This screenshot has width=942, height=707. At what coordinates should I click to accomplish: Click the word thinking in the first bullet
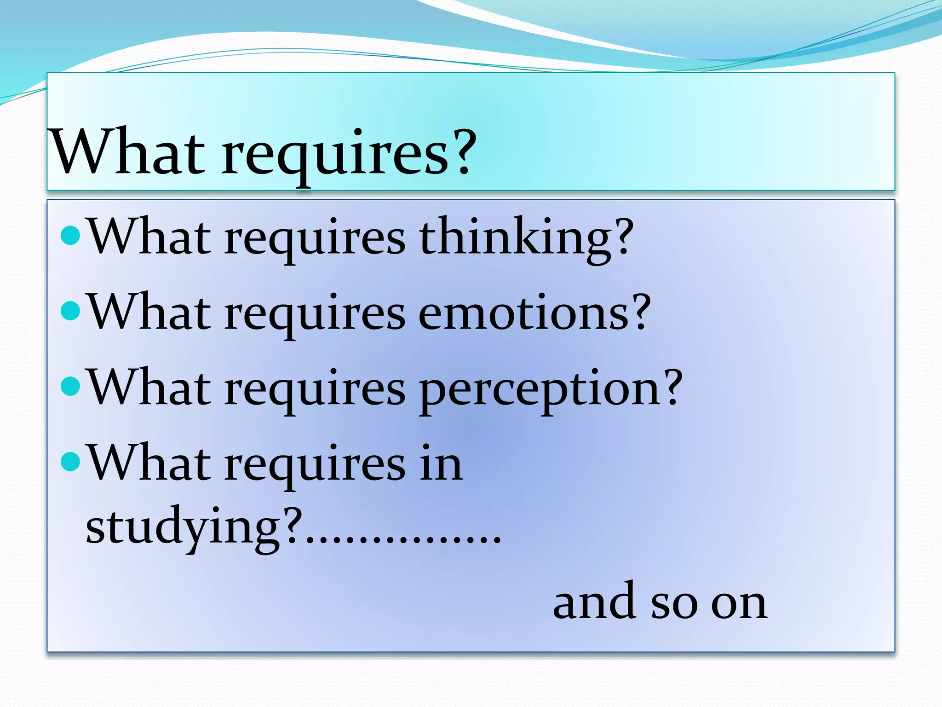517,237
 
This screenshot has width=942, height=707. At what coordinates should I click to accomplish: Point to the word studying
182,527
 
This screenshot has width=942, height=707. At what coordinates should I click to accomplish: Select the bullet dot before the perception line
70,387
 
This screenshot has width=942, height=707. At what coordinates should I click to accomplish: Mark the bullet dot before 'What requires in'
70,462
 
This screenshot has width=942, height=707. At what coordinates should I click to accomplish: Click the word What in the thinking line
149,236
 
